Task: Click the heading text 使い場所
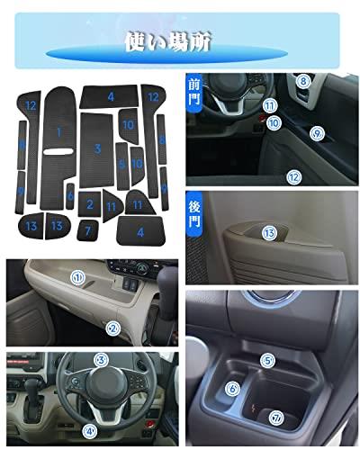click(168, 42)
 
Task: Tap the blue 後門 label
click(194, 214)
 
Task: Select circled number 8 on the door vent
click(303, 81)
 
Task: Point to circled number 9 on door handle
click(317, 133)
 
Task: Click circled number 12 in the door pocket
click(293, 177)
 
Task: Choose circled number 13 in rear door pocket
click(269, 233)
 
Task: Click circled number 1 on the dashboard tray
click(78, 277)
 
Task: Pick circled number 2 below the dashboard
click(113, 328)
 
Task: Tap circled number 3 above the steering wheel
click(101, 360)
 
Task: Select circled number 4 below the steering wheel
click(90, 431)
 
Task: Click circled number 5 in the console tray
click(267, 361)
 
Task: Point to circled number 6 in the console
click(232, 389)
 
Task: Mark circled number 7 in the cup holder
click(276, 418)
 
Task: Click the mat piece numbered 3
click(97, 150)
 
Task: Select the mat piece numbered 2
click(89, 204)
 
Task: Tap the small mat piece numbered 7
click(87, 230)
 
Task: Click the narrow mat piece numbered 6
click(70, 196)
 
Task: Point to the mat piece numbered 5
click(121, 166)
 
